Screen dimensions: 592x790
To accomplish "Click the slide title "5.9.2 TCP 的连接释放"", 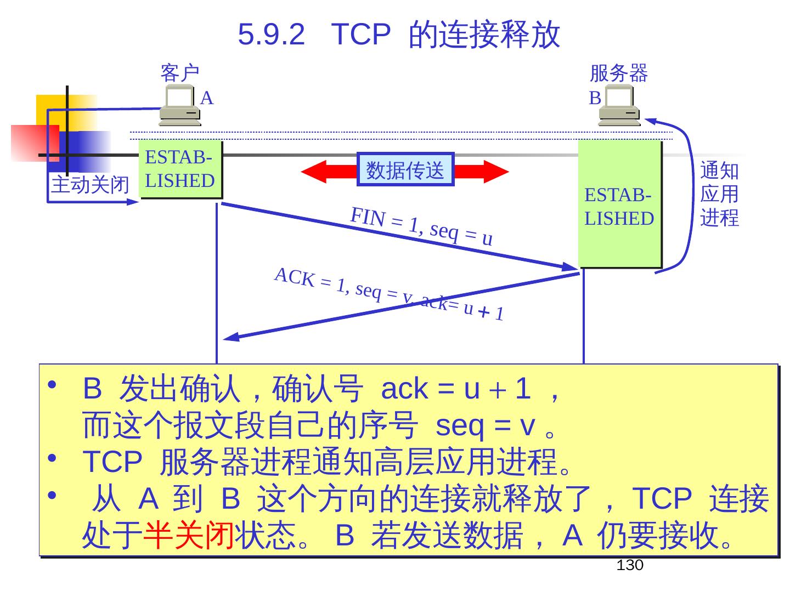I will click(399, 34).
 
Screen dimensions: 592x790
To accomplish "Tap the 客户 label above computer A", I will click(179, 73).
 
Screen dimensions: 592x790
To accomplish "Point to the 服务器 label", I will click(618, 73).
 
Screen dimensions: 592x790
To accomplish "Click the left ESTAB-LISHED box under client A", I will click(180, 169).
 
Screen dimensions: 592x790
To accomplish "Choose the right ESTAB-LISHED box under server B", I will click(619, 204).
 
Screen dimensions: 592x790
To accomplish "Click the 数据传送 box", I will click(405, 169).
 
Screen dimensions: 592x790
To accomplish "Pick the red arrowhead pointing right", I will click(496, 172).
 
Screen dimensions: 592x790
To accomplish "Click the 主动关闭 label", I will click(90, 185).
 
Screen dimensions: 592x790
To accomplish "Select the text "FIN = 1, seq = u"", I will click(421, 226).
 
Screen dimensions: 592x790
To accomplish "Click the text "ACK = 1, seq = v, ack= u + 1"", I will click(388, 294).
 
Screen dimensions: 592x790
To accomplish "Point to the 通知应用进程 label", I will click(719, 194).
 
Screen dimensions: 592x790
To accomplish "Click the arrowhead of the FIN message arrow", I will click(571, 267).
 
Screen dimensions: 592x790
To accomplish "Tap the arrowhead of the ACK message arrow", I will click(230, 337).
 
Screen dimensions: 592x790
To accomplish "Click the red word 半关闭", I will click(188, 535).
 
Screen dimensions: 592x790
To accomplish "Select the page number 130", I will click(629, 565).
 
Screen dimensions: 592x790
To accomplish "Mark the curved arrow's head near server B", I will click(651, 119).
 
